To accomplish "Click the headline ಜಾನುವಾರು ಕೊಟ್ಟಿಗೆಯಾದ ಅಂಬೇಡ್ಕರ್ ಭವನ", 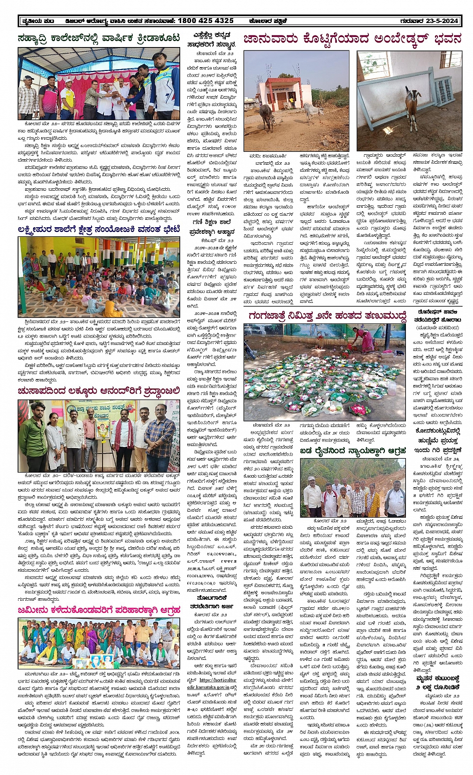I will pyautogui.click(x=352, y=39).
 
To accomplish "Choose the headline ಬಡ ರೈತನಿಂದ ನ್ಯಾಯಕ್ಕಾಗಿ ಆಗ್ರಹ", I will pyautogui.click(x=353, y=451).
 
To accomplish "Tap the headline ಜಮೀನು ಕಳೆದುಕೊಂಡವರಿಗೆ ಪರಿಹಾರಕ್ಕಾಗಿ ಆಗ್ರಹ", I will pyautogui.click(x=99, y=610).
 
